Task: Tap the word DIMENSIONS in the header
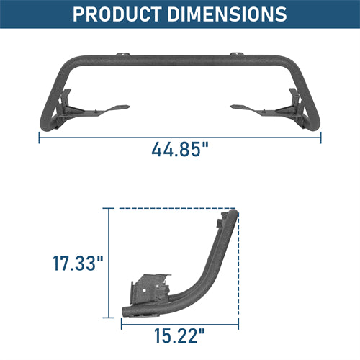click(x=225, y=14)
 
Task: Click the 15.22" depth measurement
click(x=179, y=334)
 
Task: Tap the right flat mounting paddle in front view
click(x=248, y=108)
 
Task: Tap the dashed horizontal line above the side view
click(x=173, y=209)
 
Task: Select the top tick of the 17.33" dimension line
click(x=109, y=209)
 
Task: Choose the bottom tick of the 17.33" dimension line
click(x=109, y=318)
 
